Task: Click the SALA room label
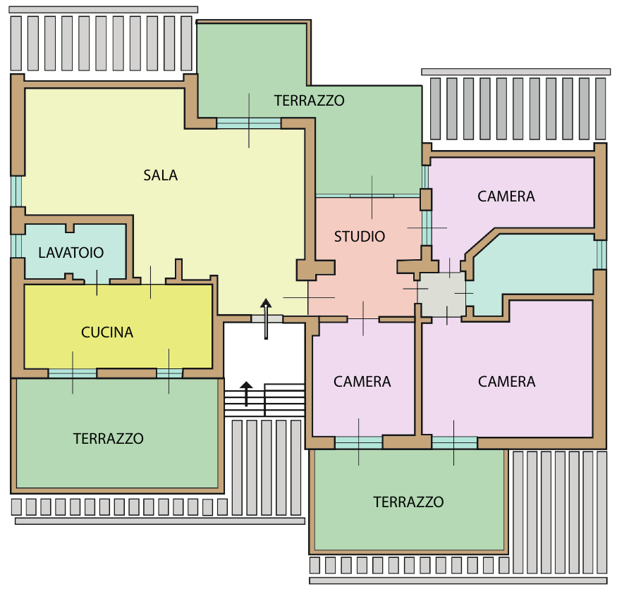pyautogui.click(x=161, y=175)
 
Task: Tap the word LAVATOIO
pyautogui.click(x=71, y=252)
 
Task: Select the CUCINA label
pyautogui.click(x=107, y=332)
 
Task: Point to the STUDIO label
pyautogui.click(x=360, y=237)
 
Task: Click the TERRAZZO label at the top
pyautogui.click(x=310, y=101)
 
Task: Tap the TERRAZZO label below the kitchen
pyautogui.click(x=108, y=439)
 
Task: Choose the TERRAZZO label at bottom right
pyautogui.click(x=408, y=502)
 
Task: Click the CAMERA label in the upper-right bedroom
pyautogui.click(x=506, y=197)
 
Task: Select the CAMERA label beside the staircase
pyautogui.click(x=362, y=382)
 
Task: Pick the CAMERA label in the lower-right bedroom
pyautogui.click(x=507, y=382)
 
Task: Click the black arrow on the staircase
pyautogui.click(x=246, y=393)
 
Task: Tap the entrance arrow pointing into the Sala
pyautogui.click(x=266, y=318)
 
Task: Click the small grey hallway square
pyautogui.click(x=441, y=294)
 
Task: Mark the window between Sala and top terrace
pyautogui.click(x=249, y=123)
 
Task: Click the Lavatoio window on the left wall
pyautogui.click(x=16, y=246)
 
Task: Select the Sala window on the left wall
pyautogui.click(x=16, y=191)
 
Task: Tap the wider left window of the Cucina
pyautogui.click(x=73, y=373)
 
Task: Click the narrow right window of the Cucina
pyautogui.click(x=170, y=373)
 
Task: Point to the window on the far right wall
pyautogui.click(x=601, y=254)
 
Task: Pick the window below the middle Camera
pyautogui.click(x=358, y=443)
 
